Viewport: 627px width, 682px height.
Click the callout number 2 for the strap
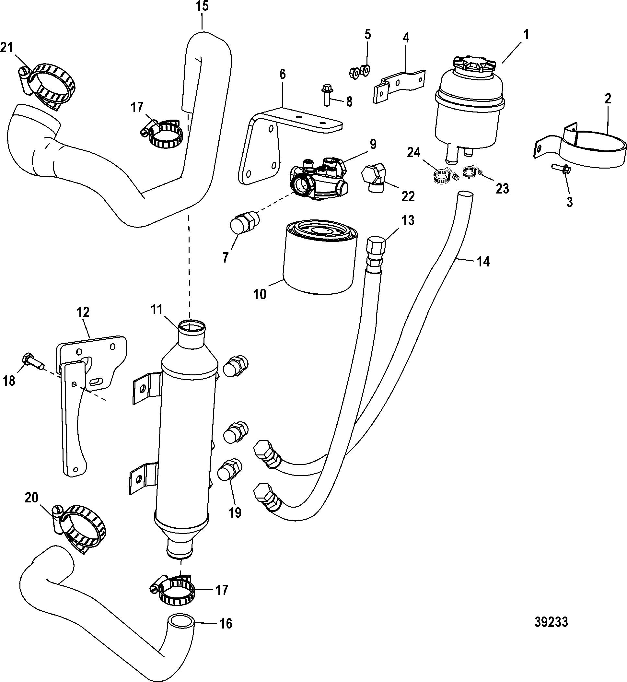point(608,99)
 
